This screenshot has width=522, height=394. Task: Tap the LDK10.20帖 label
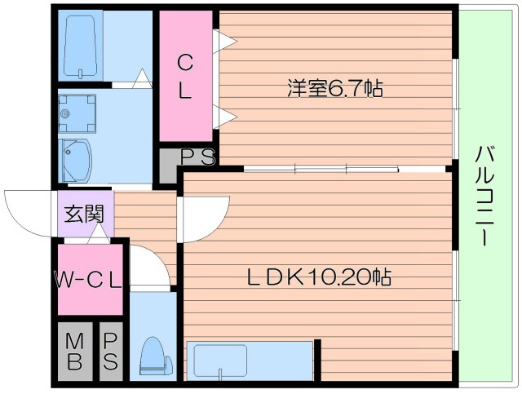(x=319, y=277)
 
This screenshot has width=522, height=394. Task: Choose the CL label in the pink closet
(x=186, y=76)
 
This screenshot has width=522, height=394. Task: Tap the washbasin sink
(x=78, y=158)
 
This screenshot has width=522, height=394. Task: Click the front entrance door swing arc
(x=29, y=210)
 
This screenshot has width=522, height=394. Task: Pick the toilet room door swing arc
(x=149, y=265)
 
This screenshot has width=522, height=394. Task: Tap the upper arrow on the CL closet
(x=223, y=38)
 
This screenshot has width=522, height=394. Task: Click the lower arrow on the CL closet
(x=223, y=115)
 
